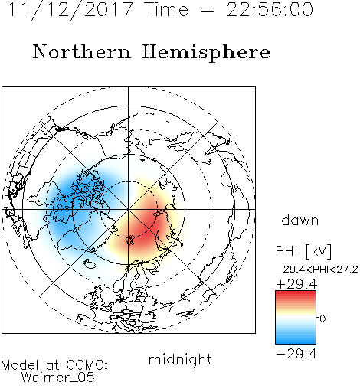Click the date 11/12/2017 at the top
(70, 9)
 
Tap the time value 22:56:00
(270, 9)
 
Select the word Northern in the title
(82, 52)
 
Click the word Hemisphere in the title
(206, 53)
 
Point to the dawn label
(300, 220)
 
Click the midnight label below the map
(180, 359)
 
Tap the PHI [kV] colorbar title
(304, 251)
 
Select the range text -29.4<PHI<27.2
(317, 270)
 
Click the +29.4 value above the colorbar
(296, 284)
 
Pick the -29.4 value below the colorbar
(296, 354)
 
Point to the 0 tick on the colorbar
(322, 319)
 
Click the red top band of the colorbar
(296, 294)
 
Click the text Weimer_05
(58, 377)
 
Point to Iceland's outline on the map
(90, 264)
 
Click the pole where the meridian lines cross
(129, 210)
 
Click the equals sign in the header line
(208, 10)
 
